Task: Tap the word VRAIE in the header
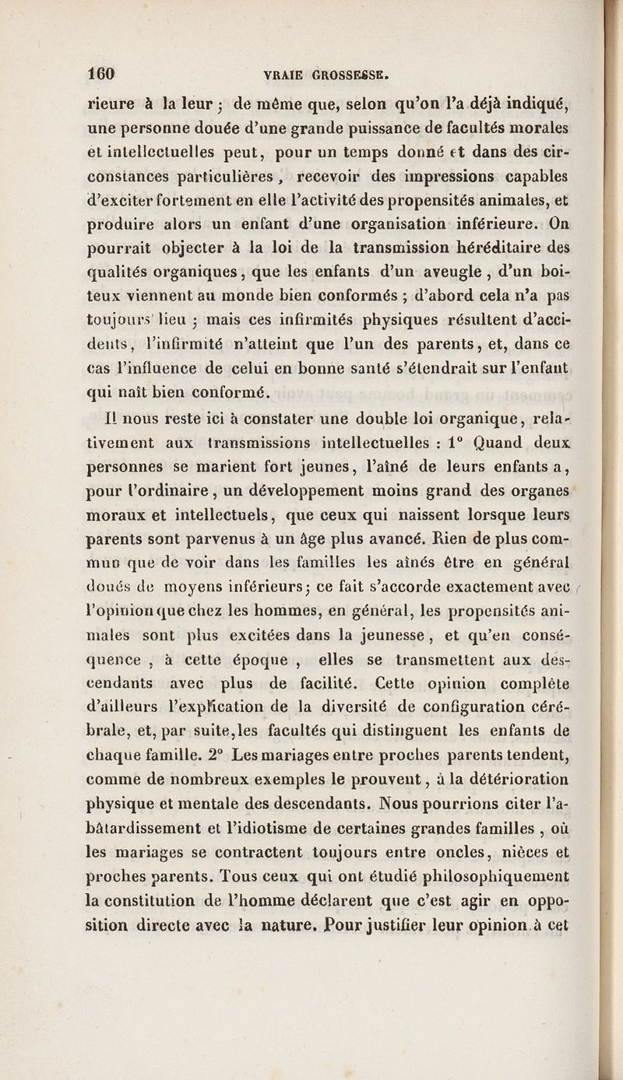tap(283, 75)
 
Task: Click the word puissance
tap(380, 128)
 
